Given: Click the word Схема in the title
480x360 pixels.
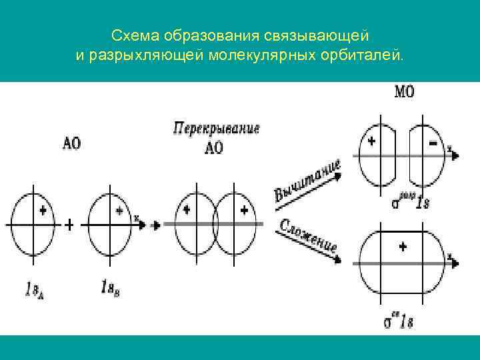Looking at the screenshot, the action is [x=133, y=33].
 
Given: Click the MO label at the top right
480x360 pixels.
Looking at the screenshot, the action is [x=404, y=91].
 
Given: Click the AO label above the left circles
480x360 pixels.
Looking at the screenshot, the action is [x=71, y=143].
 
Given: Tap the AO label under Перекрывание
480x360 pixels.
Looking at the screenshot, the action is [x=213, y=148].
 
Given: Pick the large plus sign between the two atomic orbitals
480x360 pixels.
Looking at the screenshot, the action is [x=69, y=225].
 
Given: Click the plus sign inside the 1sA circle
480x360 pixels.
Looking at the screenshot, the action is [x=43, y=211].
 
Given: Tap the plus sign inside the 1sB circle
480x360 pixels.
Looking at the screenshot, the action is [x=119, y=211].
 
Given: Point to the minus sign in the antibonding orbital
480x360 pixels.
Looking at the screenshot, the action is [x=433, y=143].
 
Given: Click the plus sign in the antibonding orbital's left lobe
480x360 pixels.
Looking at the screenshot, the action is [x=371, y=141].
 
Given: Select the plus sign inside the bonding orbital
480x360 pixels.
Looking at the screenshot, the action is [x=403, y=247].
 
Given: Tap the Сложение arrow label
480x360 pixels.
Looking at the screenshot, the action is [x=308, y=236].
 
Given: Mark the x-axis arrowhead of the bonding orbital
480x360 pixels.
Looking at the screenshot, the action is [x=455, y=263].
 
